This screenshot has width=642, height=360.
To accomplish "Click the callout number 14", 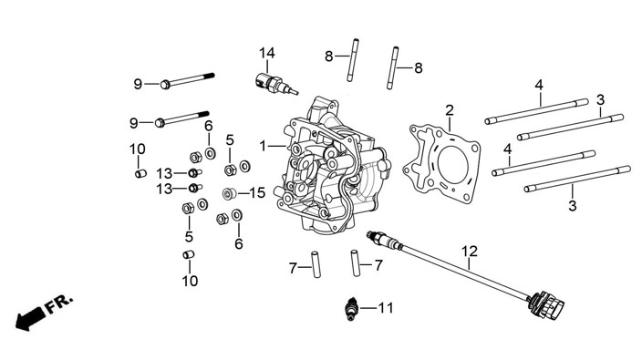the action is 266,53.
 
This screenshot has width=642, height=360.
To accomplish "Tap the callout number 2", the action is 450,110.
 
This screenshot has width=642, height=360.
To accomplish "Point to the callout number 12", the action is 470,251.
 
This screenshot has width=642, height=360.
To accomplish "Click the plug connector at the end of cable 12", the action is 546,305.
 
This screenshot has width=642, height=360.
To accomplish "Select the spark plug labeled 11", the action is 351,308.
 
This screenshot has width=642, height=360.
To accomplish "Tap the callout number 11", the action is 385,308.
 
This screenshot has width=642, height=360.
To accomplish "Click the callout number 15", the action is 257,192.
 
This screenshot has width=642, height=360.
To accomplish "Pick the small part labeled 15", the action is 229,193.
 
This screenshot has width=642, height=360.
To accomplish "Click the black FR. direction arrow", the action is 30,317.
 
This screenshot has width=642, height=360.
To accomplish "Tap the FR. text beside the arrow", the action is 60,303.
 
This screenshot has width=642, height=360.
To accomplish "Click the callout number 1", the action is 263,146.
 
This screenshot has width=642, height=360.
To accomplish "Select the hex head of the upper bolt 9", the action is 165,85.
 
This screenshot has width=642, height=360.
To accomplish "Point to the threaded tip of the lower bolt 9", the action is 204,114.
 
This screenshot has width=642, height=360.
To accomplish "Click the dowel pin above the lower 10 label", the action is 189,254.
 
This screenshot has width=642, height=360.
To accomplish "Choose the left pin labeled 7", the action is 316,264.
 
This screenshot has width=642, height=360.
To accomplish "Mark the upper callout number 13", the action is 164,173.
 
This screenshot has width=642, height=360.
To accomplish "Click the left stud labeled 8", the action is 353,60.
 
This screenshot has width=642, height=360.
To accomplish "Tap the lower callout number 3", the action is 573,205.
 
